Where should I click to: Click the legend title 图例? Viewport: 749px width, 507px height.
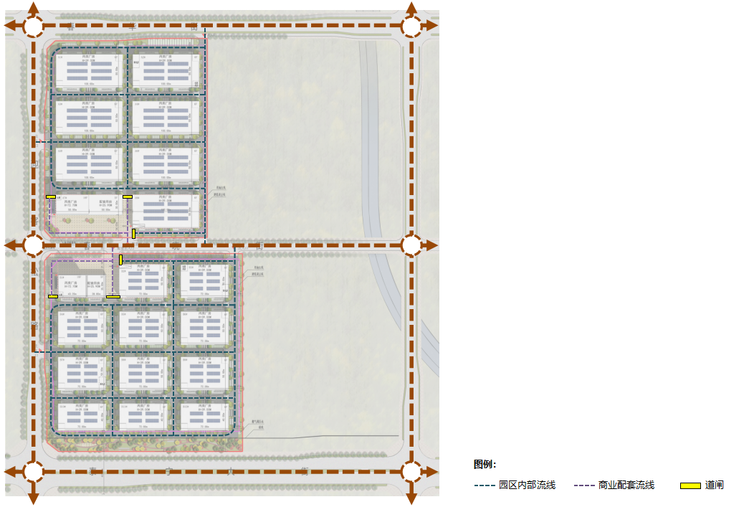tap(485, 465)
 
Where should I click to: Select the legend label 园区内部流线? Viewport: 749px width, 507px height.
tap(527, 485)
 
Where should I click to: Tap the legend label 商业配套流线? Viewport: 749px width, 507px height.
tap(626, 485)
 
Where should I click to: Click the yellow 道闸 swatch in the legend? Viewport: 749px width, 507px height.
tap(690, 486)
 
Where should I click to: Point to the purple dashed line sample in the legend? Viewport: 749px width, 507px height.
tap(584, 486)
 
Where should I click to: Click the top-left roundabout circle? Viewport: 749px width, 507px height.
tap(34, 26)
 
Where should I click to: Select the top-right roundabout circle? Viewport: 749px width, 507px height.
tap(411, 26)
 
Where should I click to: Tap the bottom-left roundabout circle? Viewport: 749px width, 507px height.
tap(34, 471)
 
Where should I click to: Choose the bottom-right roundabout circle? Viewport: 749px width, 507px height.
tap(411, 471)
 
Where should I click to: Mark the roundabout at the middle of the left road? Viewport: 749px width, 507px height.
tap(34, 245)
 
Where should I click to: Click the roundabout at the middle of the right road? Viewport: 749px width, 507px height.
tap(411, 245)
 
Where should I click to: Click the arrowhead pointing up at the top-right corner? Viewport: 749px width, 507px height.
tap(411, 7)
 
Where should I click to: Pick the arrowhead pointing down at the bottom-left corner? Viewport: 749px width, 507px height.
tap(34, 498)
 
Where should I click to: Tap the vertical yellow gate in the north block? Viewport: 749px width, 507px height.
tap(133, 233)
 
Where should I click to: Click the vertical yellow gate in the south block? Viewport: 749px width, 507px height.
tap(120, 260)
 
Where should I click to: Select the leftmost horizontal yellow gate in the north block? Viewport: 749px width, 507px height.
tap(51, 196)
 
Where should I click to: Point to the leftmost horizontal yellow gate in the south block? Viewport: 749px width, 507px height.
tap(53, 296)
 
